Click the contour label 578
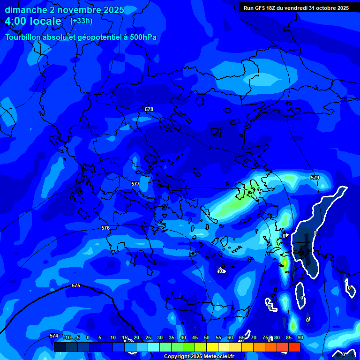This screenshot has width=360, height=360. (x=149, y=109)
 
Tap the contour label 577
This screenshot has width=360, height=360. (x=135, y=184)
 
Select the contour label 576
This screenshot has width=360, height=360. (x=105, y=228)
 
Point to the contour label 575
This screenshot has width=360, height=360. (x=76, y=285)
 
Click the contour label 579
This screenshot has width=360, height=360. (x=315, y=178)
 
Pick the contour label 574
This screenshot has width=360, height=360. (x=54, y=336)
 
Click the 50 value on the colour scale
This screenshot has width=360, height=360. (x=207, y=338)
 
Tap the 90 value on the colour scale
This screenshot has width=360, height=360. (x=300, y=338)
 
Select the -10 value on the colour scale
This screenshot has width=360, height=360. (x=66, y=338)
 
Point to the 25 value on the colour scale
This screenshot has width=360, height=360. (x=148, y=338)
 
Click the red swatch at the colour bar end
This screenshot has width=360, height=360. (x=294, y=347)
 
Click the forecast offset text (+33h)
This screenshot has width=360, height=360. (x=81, y=21)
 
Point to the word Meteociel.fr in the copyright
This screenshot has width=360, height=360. (x=215, y=357)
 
